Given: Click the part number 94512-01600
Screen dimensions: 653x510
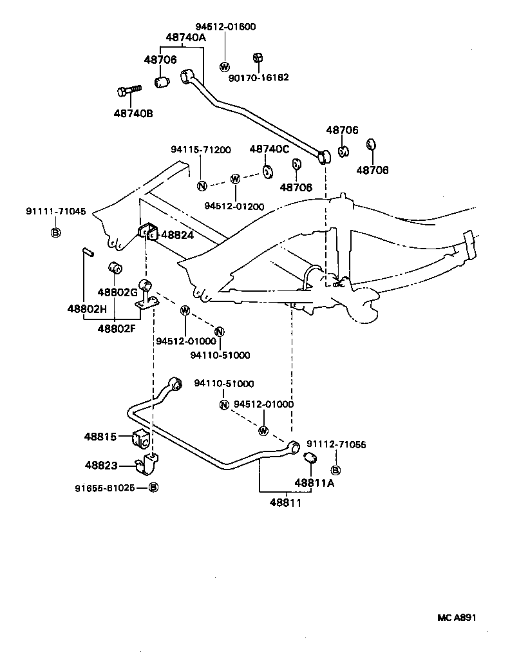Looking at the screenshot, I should (225, 26).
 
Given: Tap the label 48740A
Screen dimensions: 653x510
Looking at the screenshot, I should (185, 37).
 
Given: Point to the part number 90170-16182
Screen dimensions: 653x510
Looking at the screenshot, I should (259, 77).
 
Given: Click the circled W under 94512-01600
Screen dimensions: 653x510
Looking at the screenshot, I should (225, 67).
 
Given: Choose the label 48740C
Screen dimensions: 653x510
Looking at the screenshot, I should (269, 149).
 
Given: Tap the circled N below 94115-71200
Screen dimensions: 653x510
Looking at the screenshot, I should (202, 186).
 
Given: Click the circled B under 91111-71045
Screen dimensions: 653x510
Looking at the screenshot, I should (55, 232).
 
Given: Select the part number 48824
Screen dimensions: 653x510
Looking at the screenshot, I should (177, 235).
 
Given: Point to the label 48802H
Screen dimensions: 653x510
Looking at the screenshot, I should (86, 308).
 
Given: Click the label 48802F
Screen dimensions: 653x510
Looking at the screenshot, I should (117, 328).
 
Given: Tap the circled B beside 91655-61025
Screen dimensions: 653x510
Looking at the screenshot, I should (153, 487).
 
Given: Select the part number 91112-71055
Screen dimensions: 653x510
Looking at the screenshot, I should (335, 444).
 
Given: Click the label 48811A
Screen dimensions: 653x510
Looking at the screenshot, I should (314, 482).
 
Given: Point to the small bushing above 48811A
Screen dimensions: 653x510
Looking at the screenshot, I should (309, 458).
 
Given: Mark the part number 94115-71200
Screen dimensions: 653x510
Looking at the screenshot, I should (200, 149).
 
